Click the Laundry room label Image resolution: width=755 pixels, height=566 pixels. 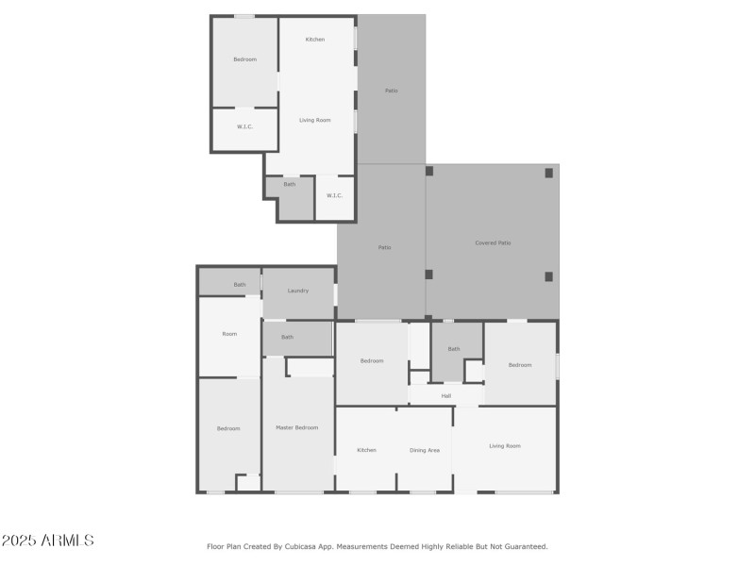[298, 291]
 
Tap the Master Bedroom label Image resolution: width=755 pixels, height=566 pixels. [296, 427]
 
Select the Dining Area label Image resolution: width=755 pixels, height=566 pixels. [425, 450]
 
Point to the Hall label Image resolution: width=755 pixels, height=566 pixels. [446, 395]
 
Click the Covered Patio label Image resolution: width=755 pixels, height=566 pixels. [493, 243]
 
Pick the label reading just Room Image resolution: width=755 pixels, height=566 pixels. [229, 334]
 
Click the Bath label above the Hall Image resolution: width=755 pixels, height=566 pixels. [454, 349]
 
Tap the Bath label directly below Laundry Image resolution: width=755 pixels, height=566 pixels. [287, 337]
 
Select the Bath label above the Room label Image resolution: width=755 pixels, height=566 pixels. [240, 285]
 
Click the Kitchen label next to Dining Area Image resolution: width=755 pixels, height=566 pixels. [367, 450]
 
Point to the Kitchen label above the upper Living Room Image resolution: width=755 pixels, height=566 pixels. [315, 39]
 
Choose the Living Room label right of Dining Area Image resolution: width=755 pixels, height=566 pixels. [505, 445]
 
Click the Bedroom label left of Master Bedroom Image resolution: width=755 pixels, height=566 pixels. [228, 428]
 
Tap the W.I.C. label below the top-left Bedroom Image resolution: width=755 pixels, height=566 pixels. [244, 126]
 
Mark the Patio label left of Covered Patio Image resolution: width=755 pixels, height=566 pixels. [384, 247]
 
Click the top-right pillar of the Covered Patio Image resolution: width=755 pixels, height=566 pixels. [549, 173]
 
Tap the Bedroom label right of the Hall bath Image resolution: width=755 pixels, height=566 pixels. [520, 365]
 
